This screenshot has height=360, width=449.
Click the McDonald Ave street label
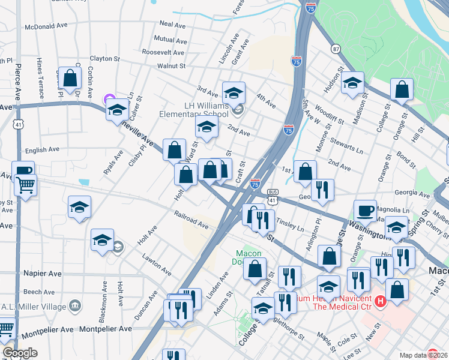(x=46, y=26)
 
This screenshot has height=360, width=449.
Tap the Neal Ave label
(x=173, y=24)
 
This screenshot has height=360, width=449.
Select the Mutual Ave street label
(x=171, y=38)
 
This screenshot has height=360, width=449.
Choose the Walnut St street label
(x=171, y=66)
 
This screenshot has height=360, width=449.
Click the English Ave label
(x=42, y=149)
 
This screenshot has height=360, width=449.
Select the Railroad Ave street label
(x=191, y=219)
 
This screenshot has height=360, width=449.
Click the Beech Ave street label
(x=40, y=292)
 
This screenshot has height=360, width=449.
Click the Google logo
(x=20, y=353)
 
